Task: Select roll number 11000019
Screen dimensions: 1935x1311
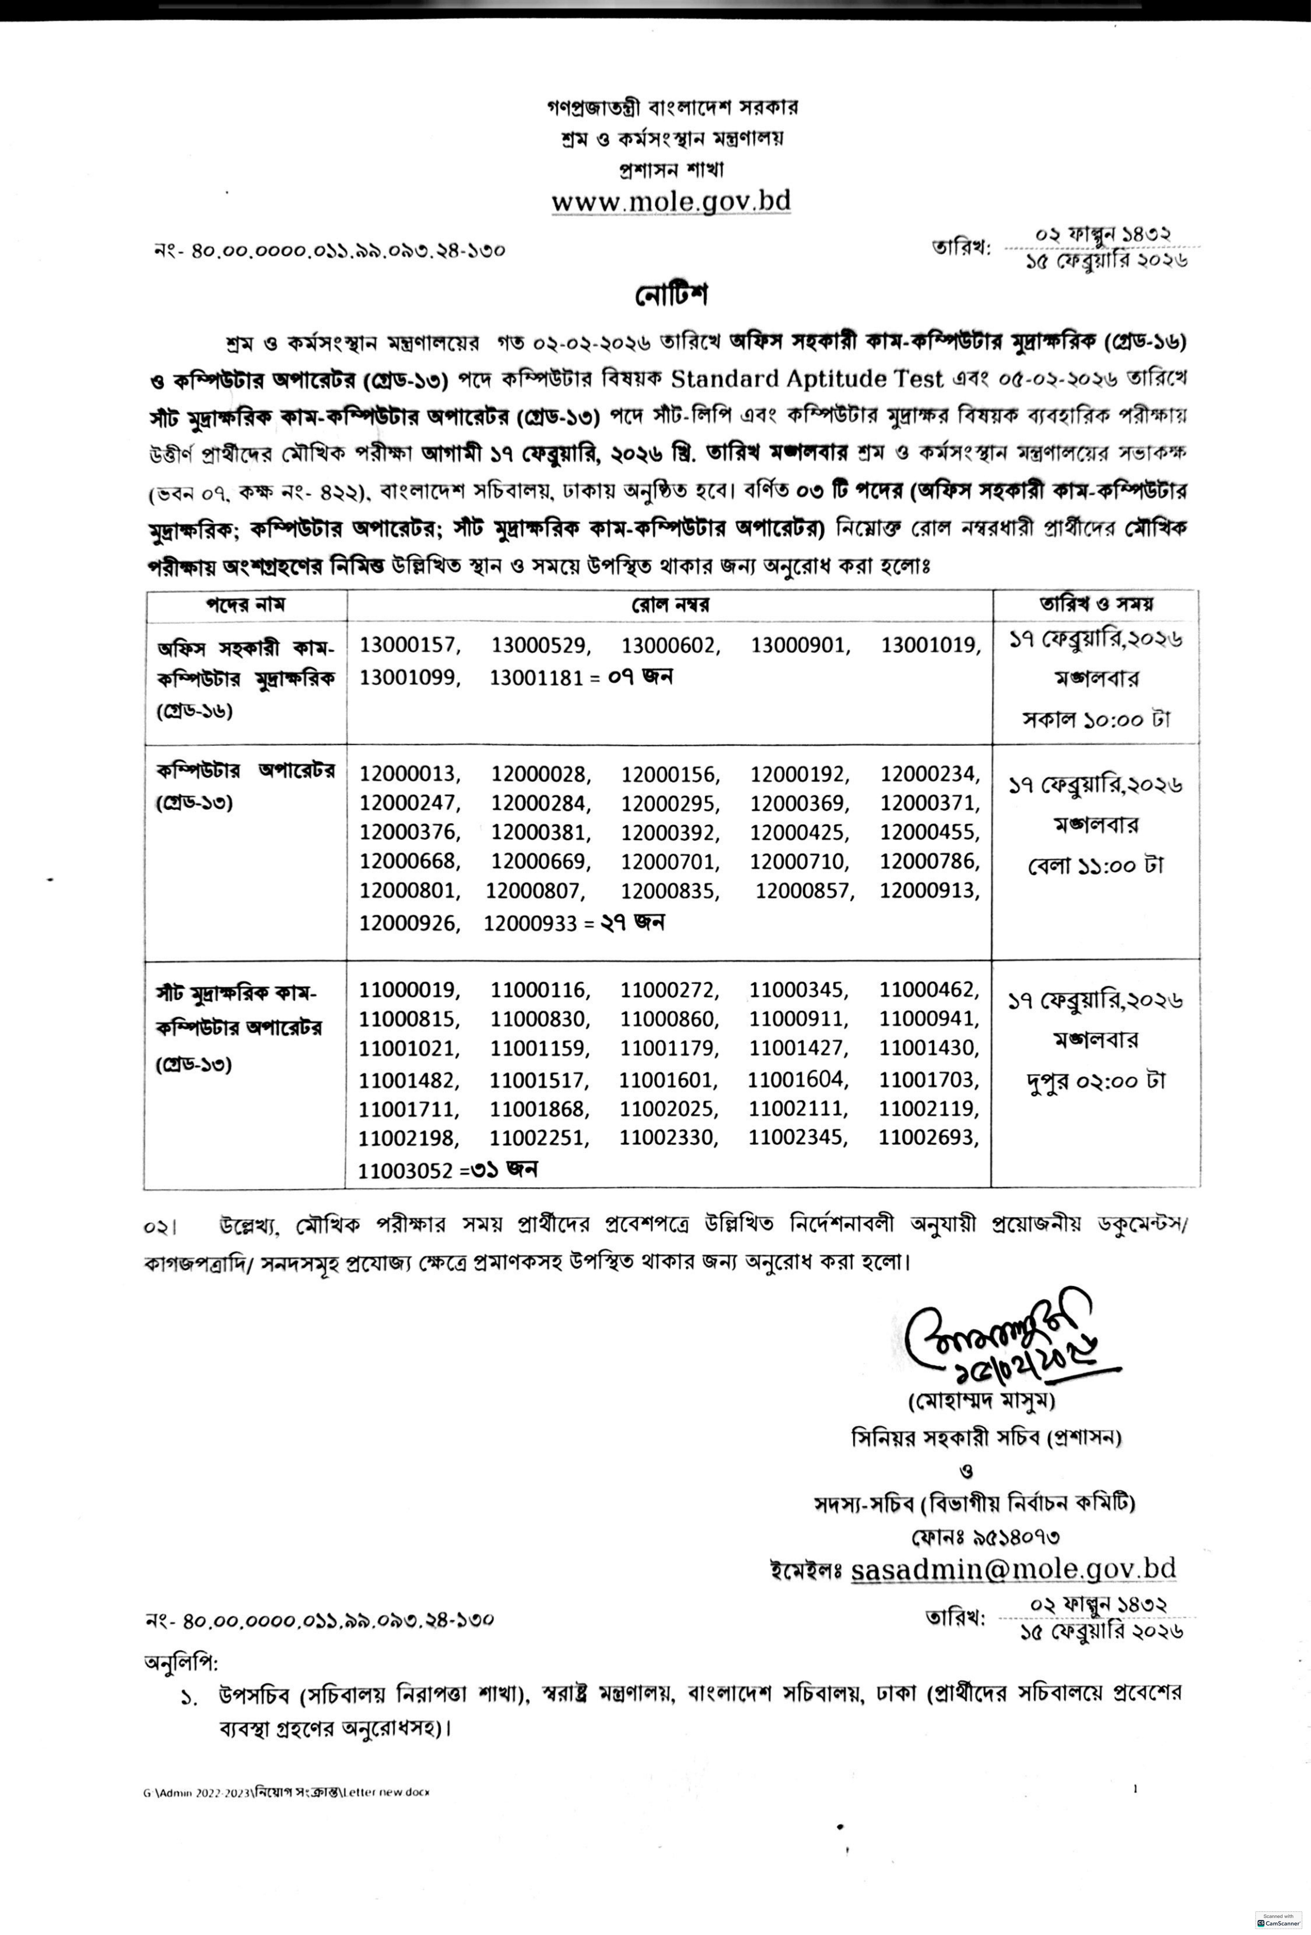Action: (409, 990)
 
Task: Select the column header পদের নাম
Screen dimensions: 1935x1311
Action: (246, 605)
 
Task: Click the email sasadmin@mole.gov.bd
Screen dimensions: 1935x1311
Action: (1013, 1569)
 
